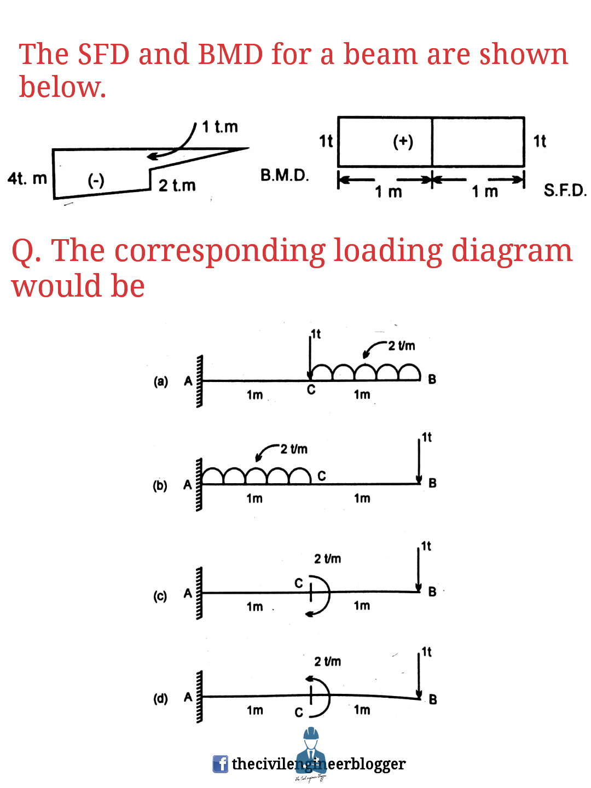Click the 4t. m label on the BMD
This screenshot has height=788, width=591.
coord(27,178)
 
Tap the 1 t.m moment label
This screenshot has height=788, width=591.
coord(220,127)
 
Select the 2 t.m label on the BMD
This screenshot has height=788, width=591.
coord(177,186)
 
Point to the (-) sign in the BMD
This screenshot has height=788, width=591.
coord(96,180)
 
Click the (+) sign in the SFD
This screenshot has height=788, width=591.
coord(403,141)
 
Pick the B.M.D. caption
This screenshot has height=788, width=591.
coord(285,175)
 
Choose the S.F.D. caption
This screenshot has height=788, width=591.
coord(565,190)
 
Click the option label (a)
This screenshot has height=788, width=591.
coord(160,381)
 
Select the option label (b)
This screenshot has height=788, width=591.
coord(160,485)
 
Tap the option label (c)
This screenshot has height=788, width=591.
coord(160,595)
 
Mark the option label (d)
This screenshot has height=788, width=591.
coord(160,699)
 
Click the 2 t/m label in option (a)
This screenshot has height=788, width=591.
coord(402,346)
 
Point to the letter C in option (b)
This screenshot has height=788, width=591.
coord(322,476)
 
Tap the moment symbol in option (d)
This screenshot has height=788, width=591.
coord(318,697)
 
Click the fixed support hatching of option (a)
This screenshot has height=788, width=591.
coord(199,381)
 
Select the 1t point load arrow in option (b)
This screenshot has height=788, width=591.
coord(419,460)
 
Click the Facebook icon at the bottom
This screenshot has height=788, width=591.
coord(220,764)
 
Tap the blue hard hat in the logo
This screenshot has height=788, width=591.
coord(311,734)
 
